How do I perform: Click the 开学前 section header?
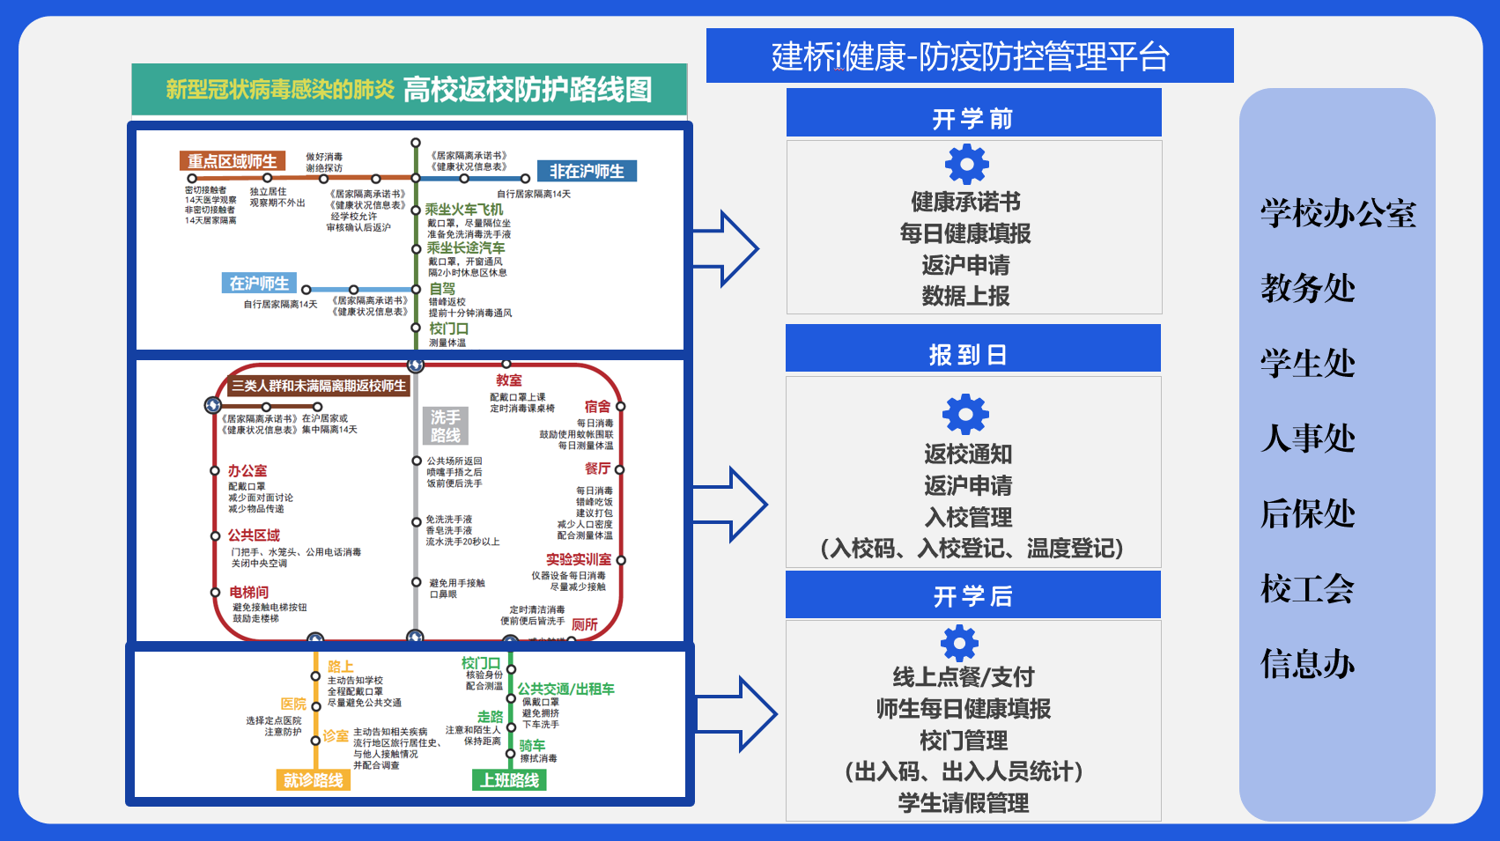pyautogui.click(x=973, y=118)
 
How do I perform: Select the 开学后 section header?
pyautogui.click(x=973, y=596)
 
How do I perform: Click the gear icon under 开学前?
pyautogui.click(x=967, y=165)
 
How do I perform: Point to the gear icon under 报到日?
pyautogui.click(x=966, y=414)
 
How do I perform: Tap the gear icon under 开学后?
pyautogui.click(x=960, y=643)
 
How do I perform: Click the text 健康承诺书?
pyautogui.click(x=965, y=203)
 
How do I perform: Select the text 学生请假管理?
pyautogui.click(x=964, y=803)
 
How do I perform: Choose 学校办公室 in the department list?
pyautogui.click(x=1338, y=214)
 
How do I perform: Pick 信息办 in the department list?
pyautogui.click(x=1308, y=664)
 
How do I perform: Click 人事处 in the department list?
pyautogui.click(x=1308, y=439)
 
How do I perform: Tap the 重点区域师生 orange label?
pyautogui.click(x=233, y=161)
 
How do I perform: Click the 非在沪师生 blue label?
pyautogui.click(x=587, y=171)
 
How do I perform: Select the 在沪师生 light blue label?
pyautogui.click(x=259, y=284)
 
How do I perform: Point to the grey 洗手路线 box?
pyautogui.click(x=446, y=426)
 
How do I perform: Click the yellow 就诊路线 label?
pyautogui.click(x=313, y=780)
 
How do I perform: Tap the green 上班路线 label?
pyautogui.click(x=510, y=780)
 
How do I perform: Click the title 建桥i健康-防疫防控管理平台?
pyautogui.click(x=970, y=56)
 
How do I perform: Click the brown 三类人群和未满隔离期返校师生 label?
pyautogui.click(x=319, y=386)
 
